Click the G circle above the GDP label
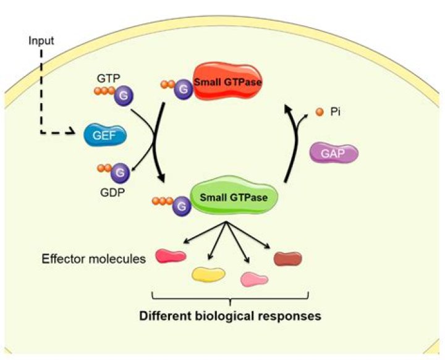(121, 172)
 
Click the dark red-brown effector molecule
(287, 257)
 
